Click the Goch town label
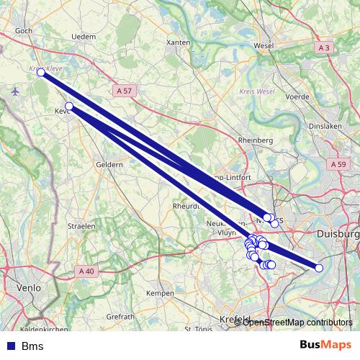tap(24, 31)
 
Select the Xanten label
tap(178, 43)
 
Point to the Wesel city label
tap(264, 46)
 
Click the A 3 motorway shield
tap(325, 48)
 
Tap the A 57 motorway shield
tap(124, 91)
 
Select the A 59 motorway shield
tap(339, 165)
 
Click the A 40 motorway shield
tap(86, 271)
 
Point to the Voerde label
tap(297, 96)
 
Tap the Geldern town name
tap(109, 164)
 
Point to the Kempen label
tap(160, 294)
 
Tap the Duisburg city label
tap(338, 234)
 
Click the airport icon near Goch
tap(16, 91)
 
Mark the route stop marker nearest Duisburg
tap(319, 268)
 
